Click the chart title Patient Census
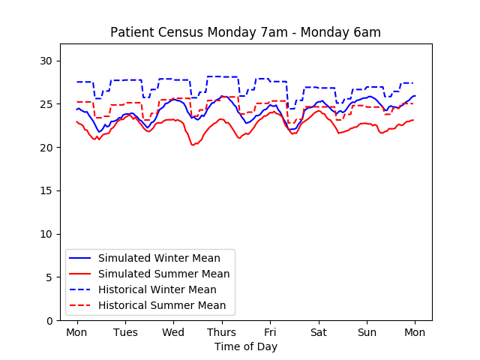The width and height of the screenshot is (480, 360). pos(245,32)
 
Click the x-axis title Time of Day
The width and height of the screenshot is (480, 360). pos(245,346)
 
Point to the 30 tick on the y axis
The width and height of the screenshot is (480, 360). pos(46,61)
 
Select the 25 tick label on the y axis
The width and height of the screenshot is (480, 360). pos(46,104)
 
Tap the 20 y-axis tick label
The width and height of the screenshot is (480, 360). pos(46,148)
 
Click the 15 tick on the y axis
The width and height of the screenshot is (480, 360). pos(46,190)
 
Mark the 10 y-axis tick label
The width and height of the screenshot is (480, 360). pos(46,234)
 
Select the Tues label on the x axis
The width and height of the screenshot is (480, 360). pos(124,332)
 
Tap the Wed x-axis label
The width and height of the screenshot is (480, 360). pos(173,332)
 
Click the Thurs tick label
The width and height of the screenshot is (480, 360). pos(221,332)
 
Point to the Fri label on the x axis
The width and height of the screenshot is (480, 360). pos(270,332)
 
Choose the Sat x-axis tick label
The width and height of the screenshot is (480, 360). pos(318,332)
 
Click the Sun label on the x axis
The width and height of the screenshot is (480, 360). pos(367,332)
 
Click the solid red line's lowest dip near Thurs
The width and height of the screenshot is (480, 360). pos(193,145)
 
